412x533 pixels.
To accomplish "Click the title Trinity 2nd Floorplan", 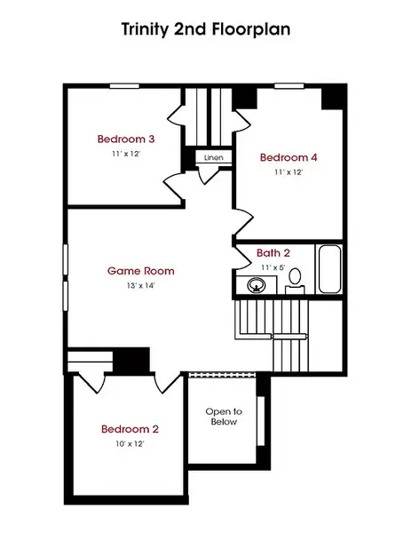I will point(206,28).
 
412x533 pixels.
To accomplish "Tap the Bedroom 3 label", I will point(126,139).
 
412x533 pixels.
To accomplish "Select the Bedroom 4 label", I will point(289,157).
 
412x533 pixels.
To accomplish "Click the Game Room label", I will point(140,271).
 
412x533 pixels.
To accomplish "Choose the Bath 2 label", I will point(273,253).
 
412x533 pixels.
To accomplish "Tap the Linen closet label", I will point(213,158).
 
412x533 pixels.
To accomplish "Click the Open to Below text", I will point(224,418).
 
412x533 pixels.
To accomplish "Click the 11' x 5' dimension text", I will point(273,266).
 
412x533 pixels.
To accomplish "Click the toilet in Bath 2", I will point(296,279).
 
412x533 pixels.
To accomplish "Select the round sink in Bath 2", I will point(257,285).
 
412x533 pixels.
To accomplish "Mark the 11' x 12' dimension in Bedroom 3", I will point(126,155).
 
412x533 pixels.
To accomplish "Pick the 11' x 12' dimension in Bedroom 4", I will point(289,172).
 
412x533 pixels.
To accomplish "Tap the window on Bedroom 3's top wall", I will point(124,86).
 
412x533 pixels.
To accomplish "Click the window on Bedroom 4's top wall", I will point(287,86).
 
